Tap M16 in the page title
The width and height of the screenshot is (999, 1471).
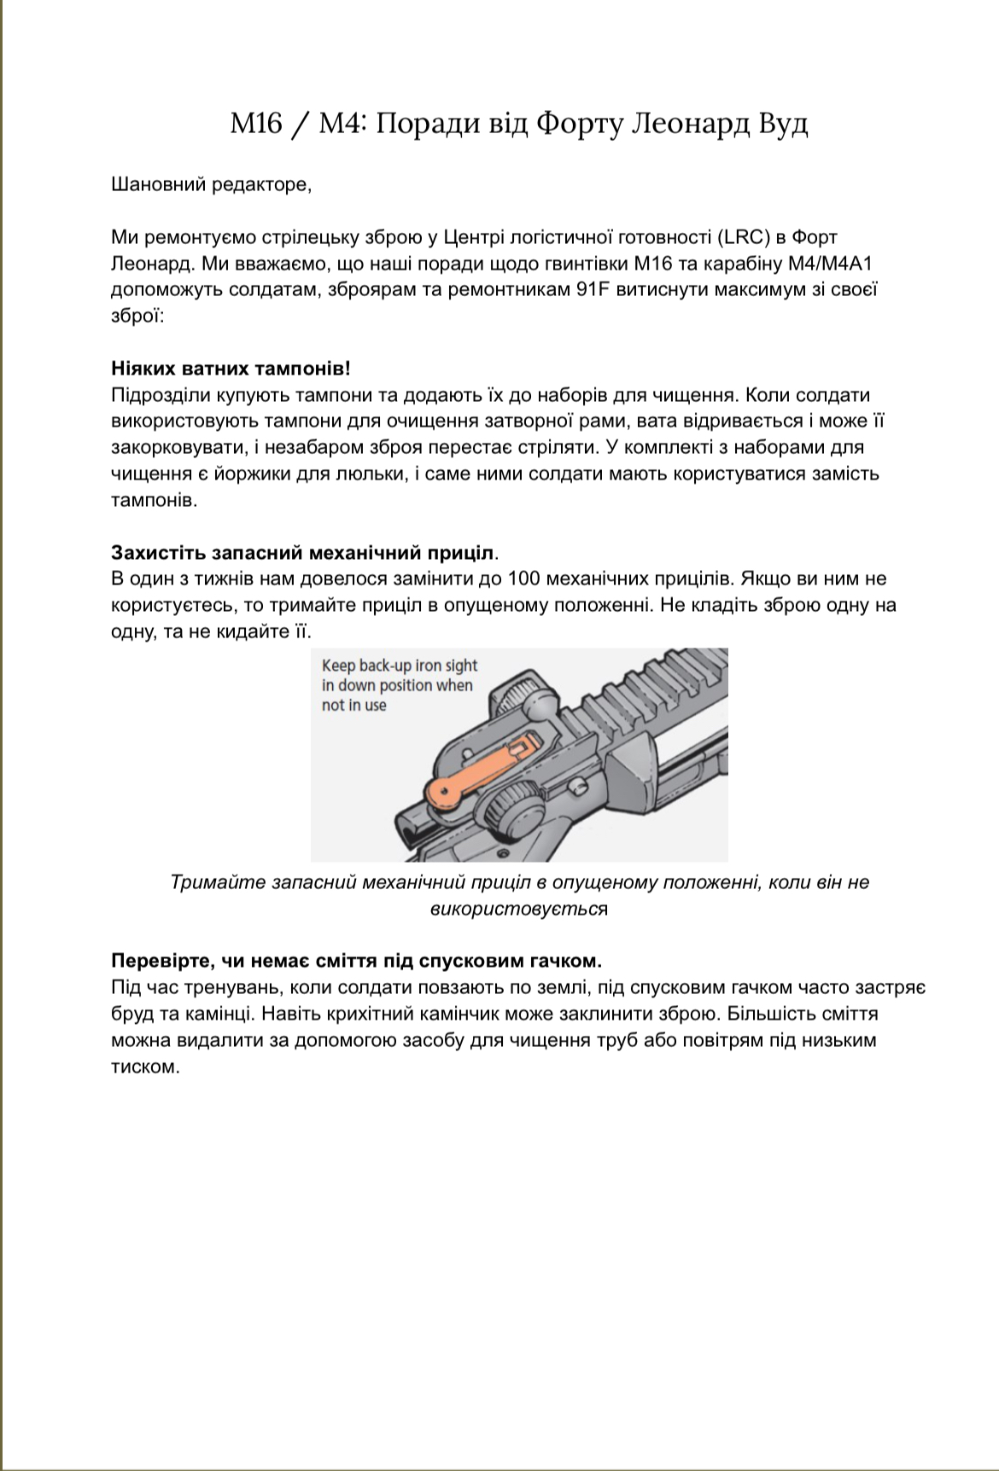(255, 124)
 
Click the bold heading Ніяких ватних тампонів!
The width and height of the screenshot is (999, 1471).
(231, 369)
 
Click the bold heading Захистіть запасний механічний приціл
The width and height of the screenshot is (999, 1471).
(304, 552)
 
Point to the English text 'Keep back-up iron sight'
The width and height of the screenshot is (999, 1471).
(400, 666)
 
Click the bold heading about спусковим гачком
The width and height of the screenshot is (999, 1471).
(356, 961)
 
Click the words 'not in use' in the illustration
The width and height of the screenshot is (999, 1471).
(353, 706)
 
